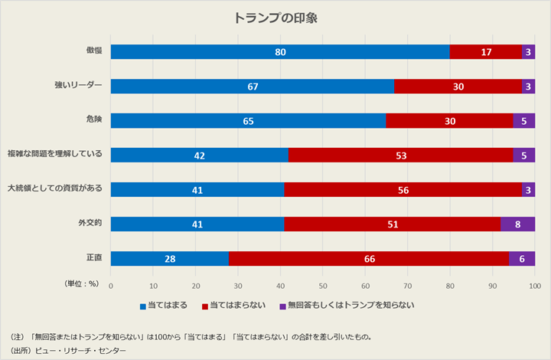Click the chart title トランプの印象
[275, 18]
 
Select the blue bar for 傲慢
[280, 52]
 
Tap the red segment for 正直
[368, 259]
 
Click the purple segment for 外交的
[517, 224]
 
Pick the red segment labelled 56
[403, 190]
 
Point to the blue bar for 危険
[248, 121]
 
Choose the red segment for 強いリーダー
[458, 87]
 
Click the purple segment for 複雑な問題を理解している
[523, 155]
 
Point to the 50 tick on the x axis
[323, 286]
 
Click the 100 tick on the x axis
[534, 286]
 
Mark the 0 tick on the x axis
[111, 286]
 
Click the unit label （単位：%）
[81, 283]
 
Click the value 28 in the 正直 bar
[170, 259]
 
